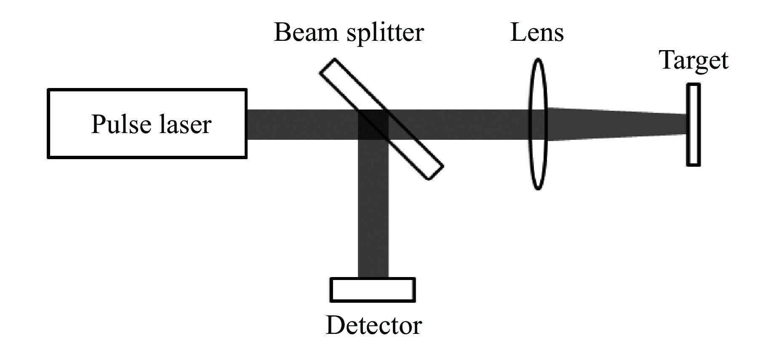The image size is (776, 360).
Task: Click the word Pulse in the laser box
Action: click(121, 125)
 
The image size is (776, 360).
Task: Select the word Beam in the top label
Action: click(307, 32)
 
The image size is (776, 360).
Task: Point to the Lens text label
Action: click(536, 32)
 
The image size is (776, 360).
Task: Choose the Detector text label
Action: click(373, 325)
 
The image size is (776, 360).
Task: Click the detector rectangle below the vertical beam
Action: click(373, 290)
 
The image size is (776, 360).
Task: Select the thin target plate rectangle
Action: click(693, 125)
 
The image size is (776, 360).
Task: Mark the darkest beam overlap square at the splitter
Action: click(373, 125)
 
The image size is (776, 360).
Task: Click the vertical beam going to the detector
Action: click(373, 211)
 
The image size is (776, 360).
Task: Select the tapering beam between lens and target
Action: click(615, 124)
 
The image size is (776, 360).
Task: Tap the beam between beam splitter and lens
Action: click(459, 125)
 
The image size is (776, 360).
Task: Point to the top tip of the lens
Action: click(538, 59)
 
